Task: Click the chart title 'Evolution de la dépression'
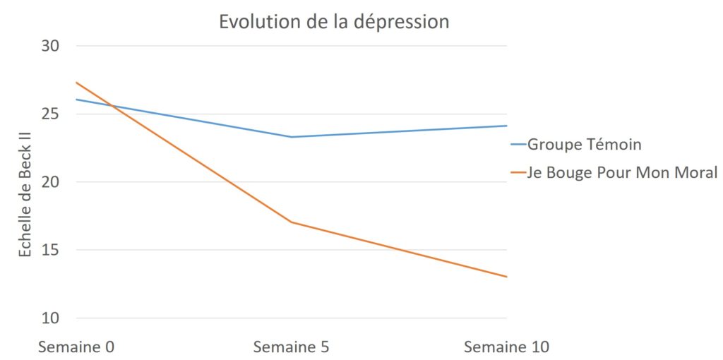(334, 21)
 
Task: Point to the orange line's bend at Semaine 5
(291, 222)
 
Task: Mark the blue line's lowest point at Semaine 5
(291, 137)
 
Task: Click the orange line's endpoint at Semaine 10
(506, 277)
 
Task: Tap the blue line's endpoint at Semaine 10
(506, 126)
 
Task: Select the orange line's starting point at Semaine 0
(76, 83)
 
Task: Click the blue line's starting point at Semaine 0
(76, 100)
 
